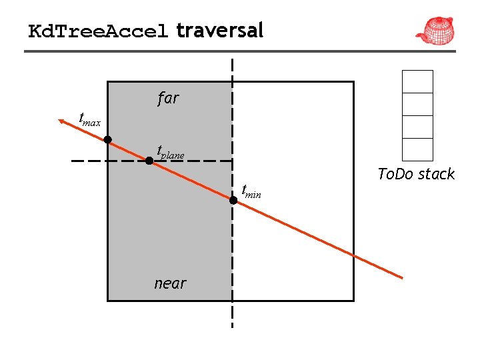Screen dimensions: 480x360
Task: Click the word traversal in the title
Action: point(220,30)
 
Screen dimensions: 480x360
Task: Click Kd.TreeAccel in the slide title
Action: point(99,31)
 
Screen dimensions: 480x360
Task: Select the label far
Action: point(168,99)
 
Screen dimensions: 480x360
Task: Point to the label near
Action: point(170,283)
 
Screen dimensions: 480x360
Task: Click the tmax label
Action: point(89,119)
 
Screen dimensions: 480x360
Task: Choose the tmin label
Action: point(251,192)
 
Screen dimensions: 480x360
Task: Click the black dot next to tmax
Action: point(107,140)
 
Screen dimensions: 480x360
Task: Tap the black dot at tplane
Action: point(149,161)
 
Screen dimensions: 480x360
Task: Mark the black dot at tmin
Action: point(233,199)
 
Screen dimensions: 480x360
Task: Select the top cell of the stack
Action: point(417,81)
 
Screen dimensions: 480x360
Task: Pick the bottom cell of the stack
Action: point(417,149)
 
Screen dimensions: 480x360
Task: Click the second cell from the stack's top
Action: point(417,104)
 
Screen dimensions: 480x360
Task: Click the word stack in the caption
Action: point(436,175)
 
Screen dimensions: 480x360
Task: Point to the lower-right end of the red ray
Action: point(402,277)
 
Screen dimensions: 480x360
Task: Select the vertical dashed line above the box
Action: point(232,70)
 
